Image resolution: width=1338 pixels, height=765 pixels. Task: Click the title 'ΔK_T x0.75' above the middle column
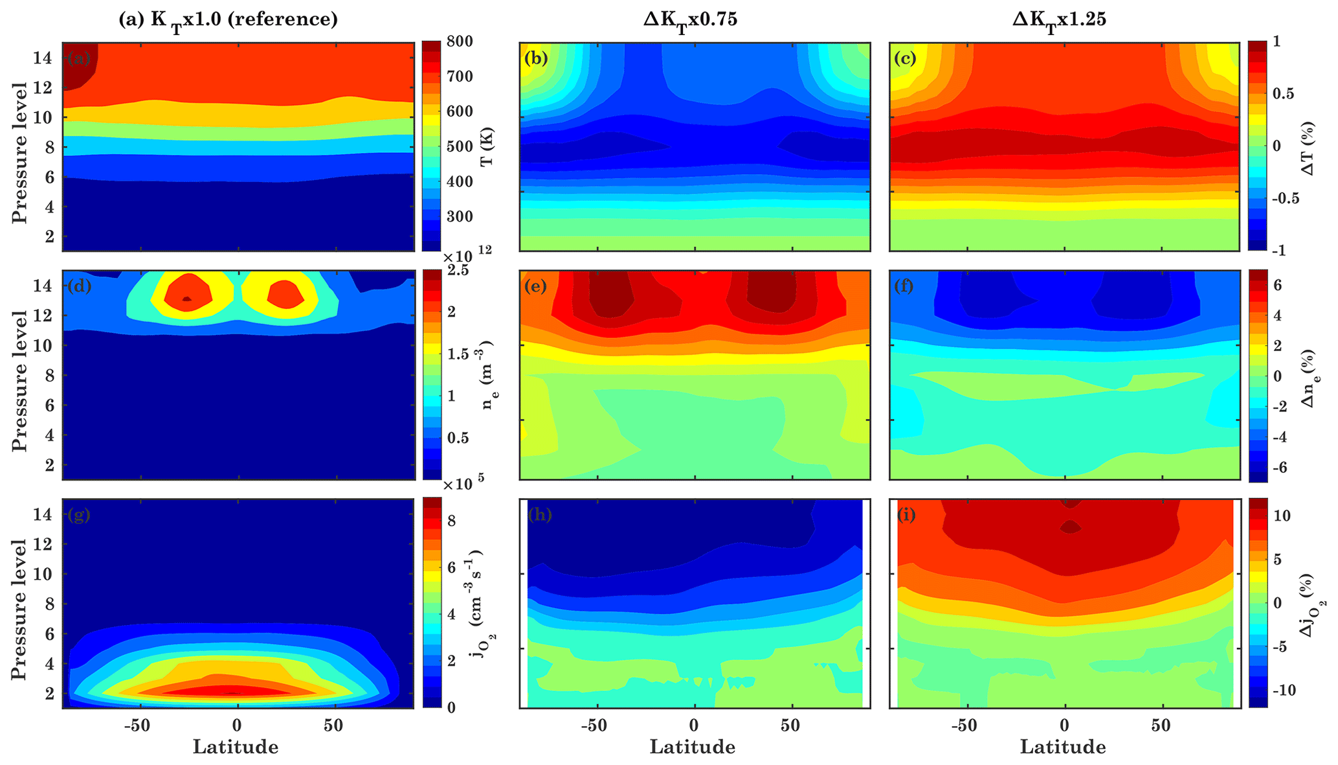690,20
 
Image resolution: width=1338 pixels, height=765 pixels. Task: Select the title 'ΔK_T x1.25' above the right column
1060,20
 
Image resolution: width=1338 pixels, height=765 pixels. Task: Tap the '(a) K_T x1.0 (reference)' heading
228,20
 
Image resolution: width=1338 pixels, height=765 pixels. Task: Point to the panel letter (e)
537,286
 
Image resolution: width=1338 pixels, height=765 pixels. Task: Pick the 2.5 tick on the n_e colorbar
458,271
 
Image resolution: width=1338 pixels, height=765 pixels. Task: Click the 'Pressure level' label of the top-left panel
20,152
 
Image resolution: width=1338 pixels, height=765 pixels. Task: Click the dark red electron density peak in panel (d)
187,299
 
